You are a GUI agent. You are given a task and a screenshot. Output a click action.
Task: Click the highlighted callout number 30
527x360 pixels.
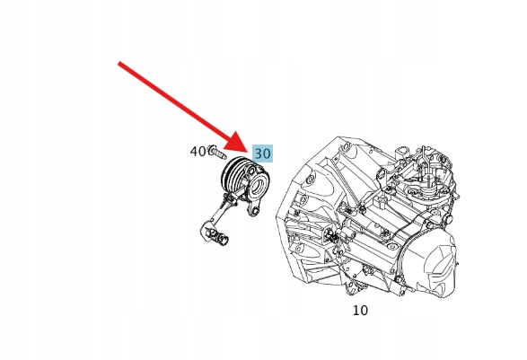pyautogui.click(x=262, y=154)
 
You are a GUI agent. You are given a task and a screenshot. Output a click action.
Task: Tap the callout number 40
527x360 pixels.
pyautogui.click(x=198, y=152)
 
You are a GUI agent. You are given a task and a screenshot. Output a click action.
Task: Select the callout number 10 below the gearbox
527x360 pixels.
pyautogui.click(x=360, y=311)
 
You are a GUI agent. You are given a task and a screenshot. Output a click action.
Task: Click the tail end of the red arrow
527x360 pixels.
pyautogui.click(x=119, y=63)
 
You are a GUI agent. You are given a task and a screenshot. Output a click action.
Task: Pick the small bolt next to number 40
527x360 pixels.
pyautogui.click(x=217, y=153)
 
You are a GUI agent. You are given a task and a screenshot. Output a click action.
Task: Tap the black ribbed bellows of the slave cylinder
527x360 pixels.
pyautogui.click(x=234, y=176)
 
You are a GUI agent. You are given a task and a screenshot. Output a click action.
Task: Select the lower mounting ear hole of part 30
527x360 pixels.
pyautogui.click(x=255, y=211)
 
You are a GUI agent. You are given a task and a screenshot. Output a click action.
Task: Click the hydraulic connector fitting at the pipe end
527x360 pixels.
pyautogui.click(x=215, y=233)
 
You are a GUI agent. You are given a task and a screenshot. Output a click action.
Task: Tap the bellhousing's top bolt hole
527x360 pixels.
pyautogui.click(x=345, y=146)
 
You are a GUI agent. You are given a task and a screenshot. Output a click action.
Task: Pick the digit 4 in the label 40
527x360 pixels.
pyautogui.click(x=194, y=152)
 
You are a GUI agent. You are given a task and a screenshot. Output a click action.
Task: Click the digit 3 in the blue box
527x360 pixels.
pyautogui.click(x=259, y=154)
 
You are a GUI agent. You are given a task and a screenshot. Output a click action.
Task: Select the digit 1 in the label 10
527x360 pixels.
pyautogui.click(x=356, y=311)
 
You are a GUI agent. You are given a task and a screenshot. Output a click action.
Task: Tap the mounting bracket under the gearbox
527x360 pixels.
pyautogui.click(x=353, y=286)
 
